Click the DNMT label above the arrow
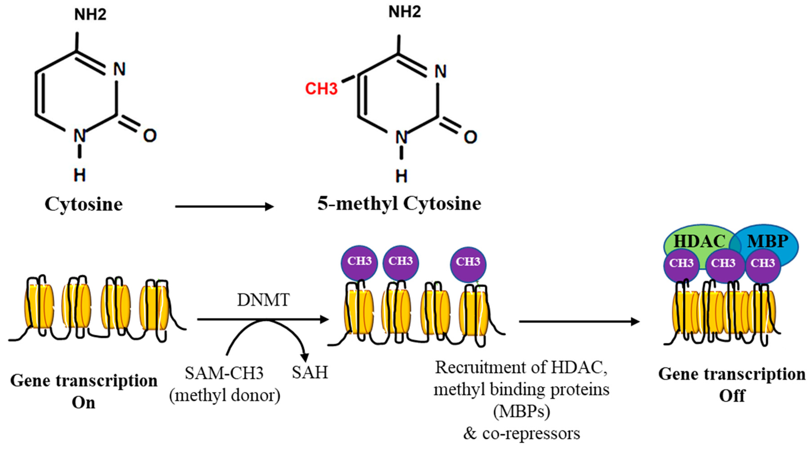[x=263, y=300]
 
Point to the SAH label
[x=310, y=373]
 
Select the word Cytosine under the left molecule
[x=83, y=205]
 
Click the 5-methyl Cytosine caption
[x=399, y=204]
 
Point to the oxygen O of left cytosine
[x=150, y=136]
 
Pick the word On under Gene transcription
[x=83, y=402]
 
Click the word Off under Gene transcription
[x=732, y=395]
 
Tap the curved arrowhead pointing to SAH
[x=304, y=357]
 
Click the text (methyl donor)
[x=225, y=395]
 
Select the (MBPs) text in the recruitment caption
[x=522, y=411]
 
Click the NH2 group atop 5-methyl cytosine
[x=404, y=12]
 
